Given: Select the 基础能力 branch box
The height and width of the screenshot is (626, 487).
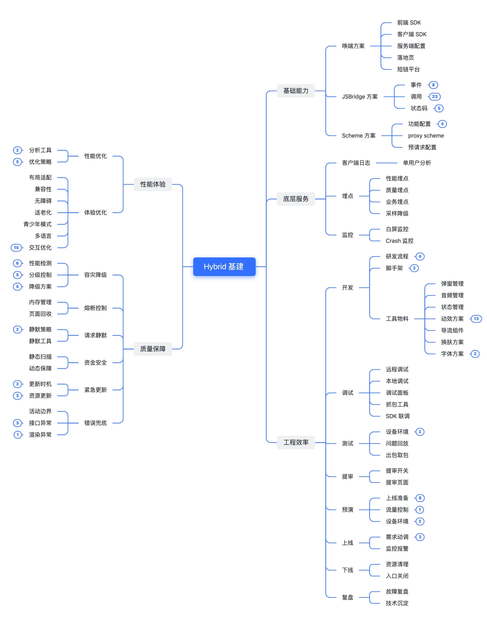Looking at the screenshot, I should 296,91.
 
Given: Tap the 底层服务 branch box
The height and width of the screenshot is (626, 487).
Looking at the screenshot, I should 296,199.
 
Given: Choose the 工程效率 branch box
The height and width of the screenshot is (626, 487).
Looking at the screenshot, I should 296,442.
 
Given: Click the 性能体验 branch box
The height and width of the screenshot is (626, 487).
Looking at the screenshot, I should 153,184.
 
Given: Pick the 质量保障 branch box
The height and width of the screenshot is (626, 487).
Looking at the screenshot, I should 153,349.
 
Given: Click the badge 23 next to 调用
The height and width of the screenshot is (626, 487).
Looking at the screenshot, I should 435,97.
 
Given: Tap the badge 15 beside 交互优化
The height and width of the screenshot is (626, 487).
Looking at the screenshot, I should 16,248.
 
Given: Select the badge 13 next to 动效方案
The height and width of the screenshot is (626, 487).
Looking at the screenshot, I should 476,319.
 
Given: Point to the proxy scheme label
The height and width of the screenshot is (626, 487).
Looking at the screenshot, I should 426,136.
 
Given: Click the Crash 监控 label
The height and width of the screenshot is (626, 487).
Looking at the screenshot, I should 399,241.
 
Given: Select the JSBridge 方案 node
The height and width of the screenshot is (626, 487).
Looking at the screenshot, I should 360,97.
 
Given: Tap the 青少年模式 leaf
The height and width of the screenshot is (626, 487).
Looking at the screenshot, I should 38,224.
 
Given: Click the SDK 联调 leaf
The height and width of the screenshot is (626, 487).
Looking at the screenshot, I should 397,416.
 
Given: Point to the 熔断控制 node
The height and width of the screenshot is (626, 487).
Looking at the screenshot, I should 95,308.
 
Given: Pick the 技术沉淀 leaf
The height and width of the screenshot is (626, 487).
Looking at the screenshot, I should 397,603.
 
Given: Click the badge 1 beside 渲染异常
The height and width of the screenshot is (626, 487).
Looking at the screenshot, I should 18,435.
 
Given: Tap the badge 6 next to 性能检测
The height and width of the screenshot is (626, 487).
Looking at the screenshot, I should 18,263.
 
